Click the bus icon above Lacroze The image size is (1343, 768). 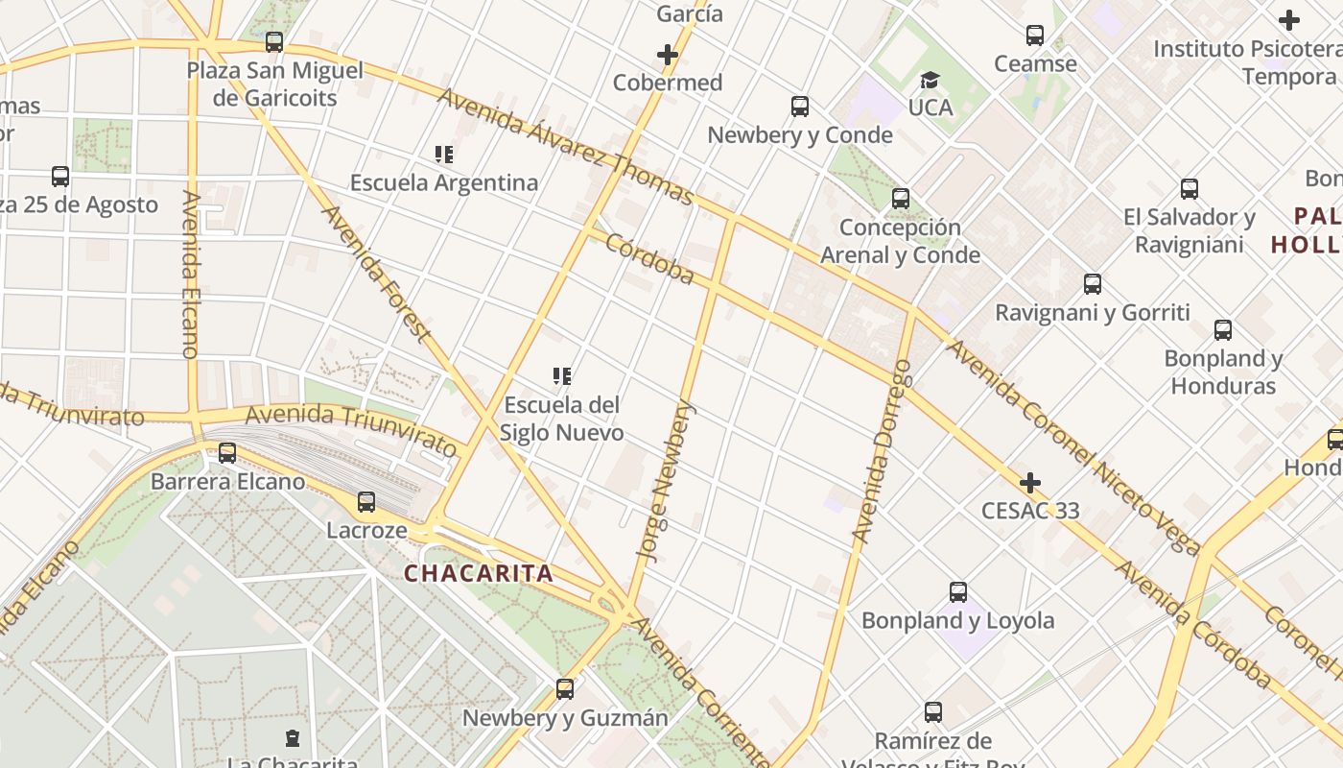coord(366,502)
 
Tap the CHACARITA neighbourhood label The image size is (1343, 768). coord(479,574)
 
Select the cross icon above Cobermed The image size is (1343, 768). coord(668,55)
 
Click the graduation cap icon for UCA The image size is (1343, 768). coord(930,80)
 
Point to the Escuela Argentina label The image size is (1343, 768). coord(444,182)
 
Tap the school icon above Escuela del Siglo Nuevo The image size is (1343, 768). coord(562,376)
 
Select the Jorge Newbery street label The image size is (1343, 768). coord(665,481)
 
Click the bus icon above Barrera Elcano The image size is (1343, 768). coord(227,453)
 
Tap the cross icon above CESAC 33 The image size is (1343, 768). coord(1030,482)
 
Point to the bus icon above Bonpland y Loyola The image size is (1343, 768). coord(957,592)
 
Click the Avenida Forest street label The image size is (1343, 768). coord(375,273)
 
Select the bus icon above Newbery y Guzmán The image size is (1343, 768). coord(565,689)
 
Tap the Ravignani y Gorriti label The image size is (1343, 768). coord(1092,313)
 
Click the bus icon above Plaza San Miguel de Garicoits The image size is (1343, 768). coord(274,42)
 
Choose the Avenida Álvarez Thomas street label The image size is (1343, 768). coord(565,147)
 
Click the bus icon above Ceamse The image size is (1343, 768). coord(1035,36)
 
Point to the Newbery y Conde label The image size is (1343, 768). coord(800,135)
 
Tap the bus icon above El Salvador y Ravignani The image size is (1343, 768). coord(1190,189)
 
